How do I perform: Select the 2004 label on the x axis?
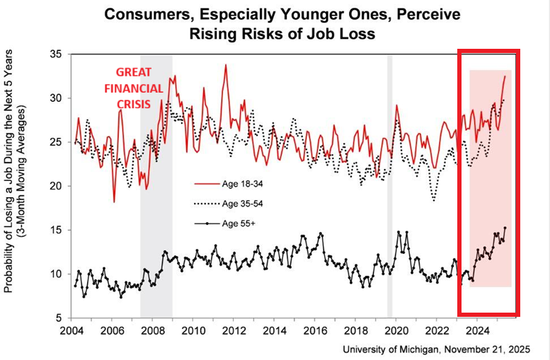tap(71, 331)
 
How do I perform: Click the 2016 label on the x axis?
tap(315, 331)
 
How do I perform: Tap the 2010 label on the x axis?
tap(193, 331)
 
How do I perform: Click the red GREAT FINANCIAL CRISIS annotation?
tap(134, 89)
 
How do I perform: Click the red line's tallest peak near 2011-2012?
tap(226, 65)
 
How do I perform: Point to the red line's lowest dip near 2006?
tap(114, 202)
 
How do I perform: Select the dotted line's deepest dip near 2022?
tap(434, 201)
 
